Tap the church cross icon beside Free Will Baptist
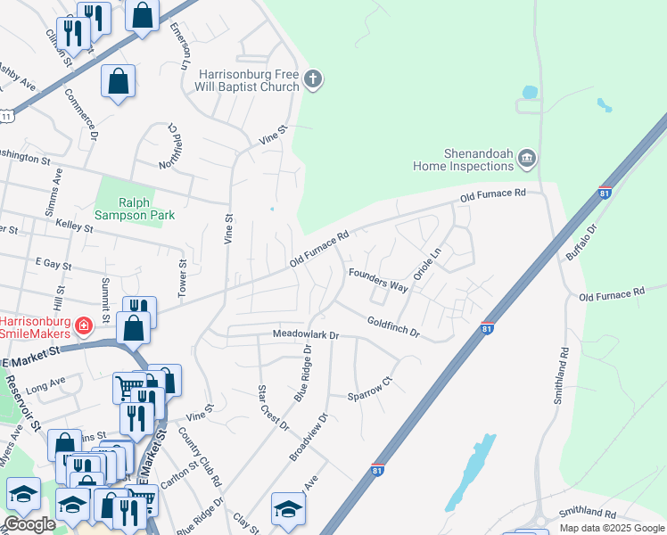[x=312, y=79]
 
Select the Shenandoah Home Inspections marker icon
[x=526, y=159]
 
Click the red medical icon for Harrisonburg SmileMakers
[x=84, y=326]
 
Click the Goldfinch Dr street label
[x=393, y=325]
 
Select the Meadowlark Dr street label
[x=306, y=335]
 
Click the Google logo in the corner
[x=30, y=524]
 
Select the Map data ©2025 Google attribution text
[x=611, y=528]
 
